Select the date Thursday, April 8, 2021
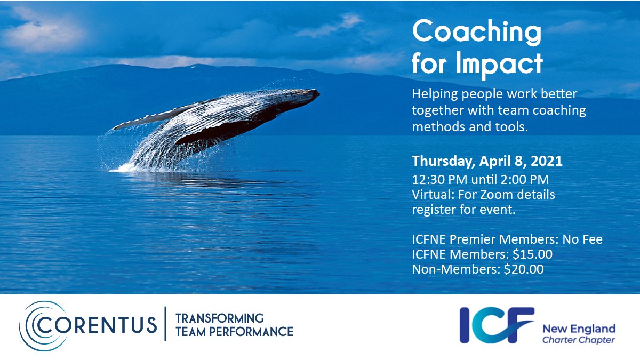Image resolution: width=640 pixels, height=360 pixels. point(487,161)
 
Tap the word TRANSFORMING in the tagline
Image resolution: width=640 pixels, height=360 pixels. point(219,318)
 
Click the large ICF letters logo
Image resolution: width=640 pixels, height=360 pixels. point(496,324)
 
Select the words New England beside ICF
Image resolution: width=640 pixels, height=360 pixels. point(578,328)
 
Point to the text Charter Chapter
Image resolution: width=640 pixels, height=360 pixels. point(578,340)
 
